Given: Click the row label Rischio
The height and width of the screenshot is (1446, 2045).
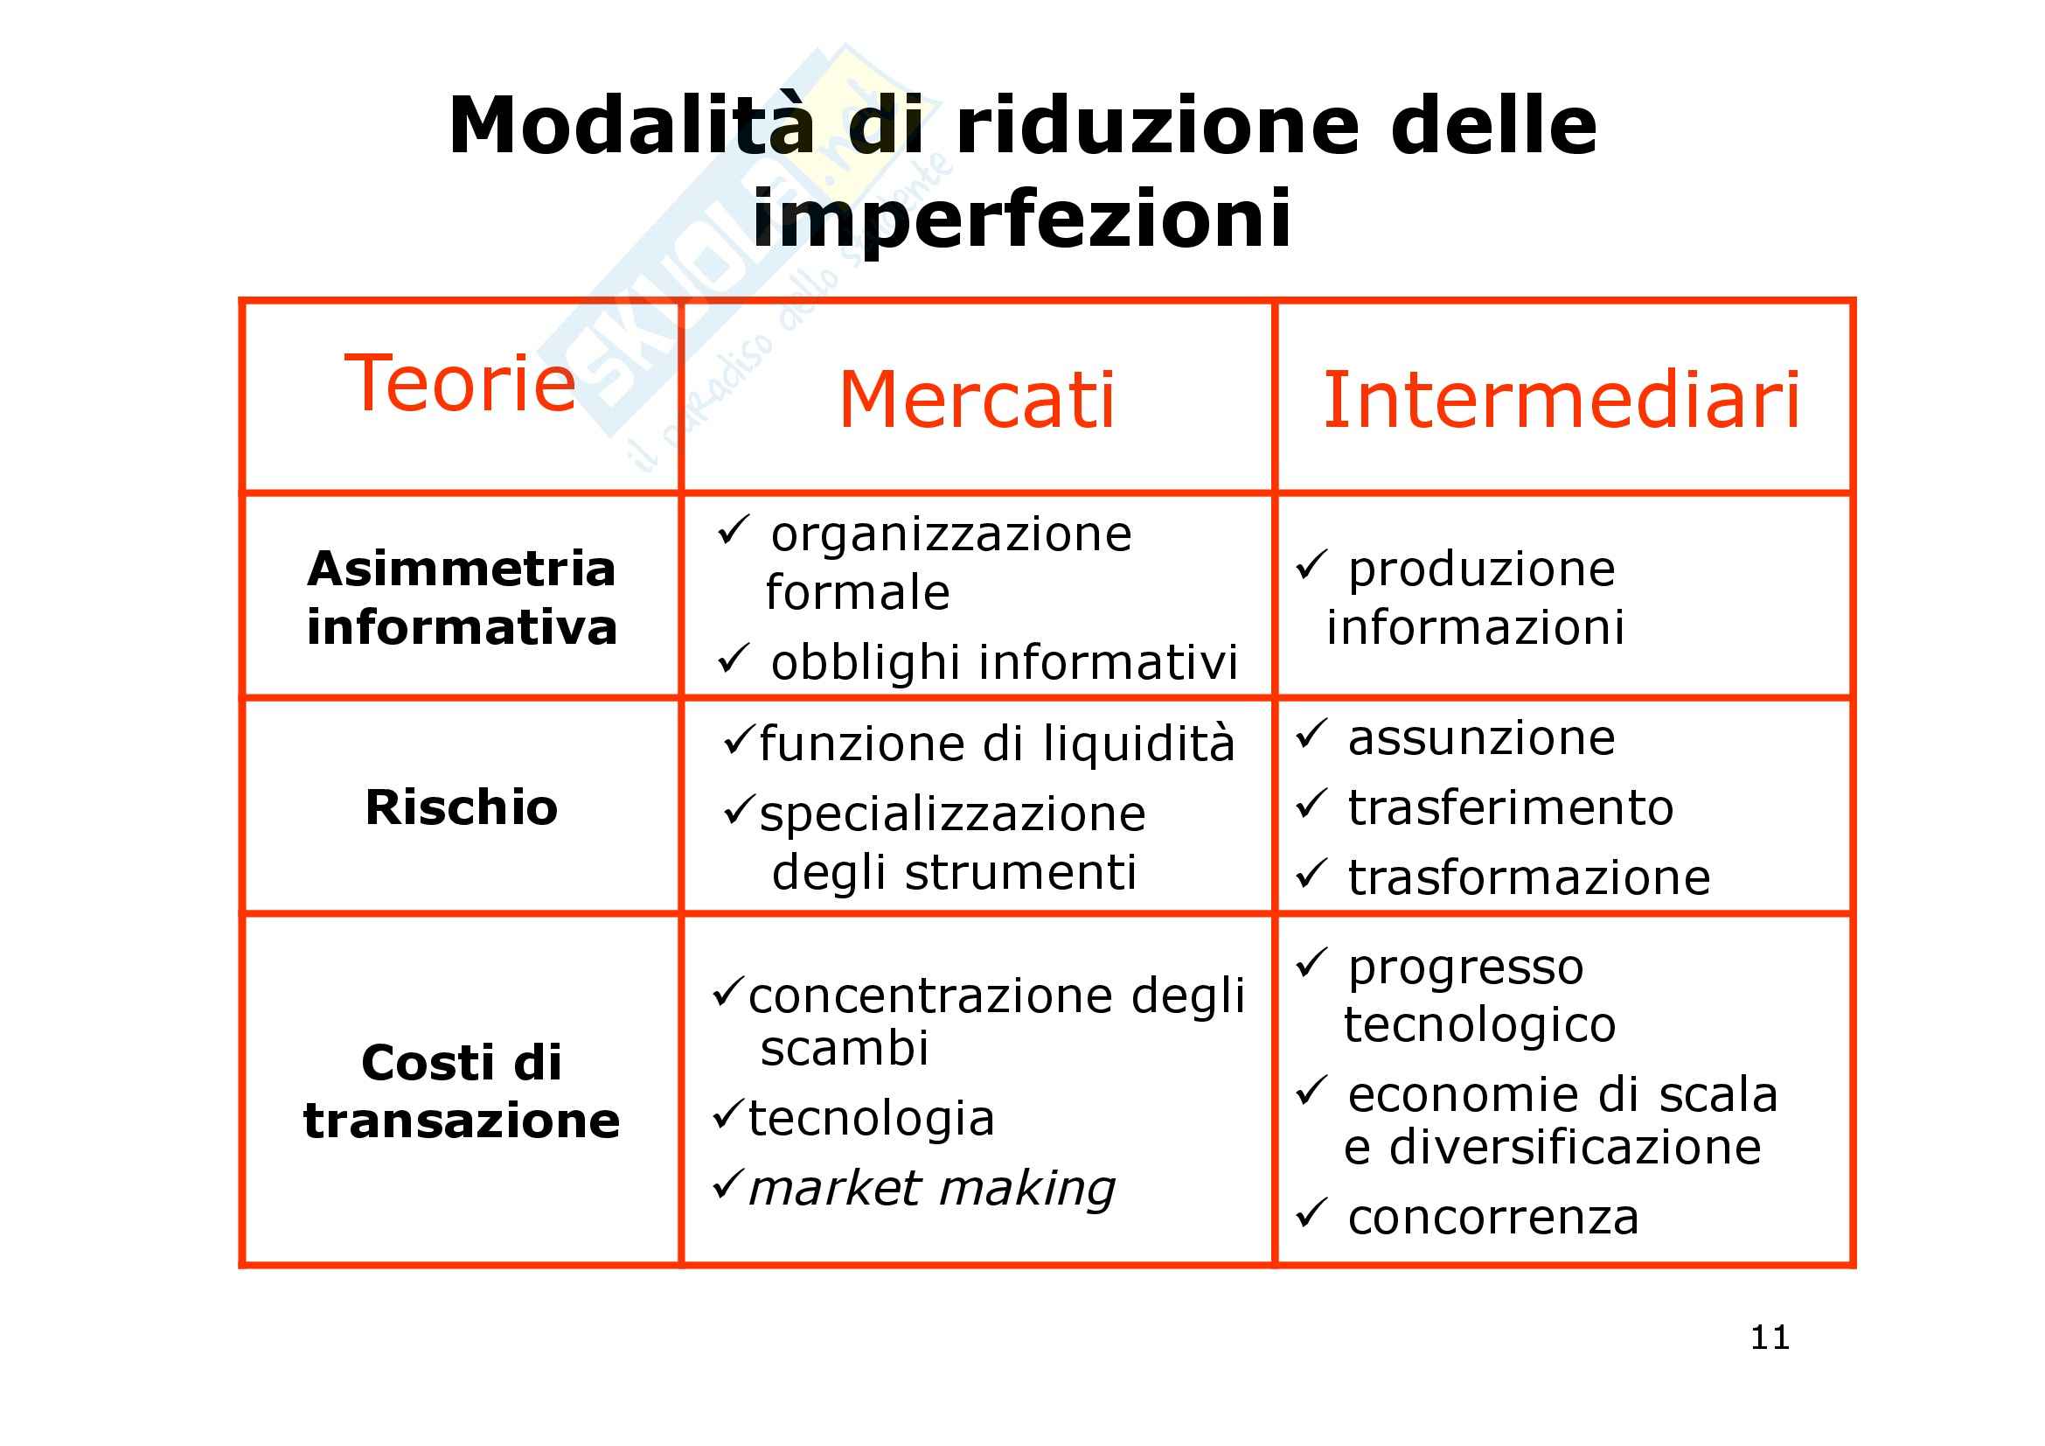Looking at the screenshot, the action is [462, 807].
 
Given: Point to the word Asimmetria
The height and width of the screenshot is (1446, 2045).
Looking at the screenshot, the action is [462, 569].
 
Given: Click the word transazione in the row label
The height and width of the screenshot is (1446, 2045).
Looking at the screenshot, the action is [462, 1120].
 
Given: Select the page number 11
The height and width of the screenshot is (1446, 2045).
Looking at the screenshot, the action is [1770, 1338].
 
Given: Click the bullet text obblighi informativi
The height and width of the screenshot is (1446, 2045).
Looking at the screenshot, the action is [1005, 662].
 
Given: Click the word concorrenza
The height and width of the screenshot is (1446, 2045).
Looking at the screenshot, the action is [1492, 1217].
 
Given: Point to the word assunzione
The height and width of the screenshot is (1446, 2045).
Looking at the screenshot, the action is [1481, 737].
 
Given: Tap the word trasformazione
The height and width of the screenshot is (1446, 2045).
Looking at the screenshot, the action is [1528, 877].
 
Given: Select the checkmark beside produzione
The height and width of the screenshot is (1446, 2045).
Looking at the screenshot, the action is [1311, 564].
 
